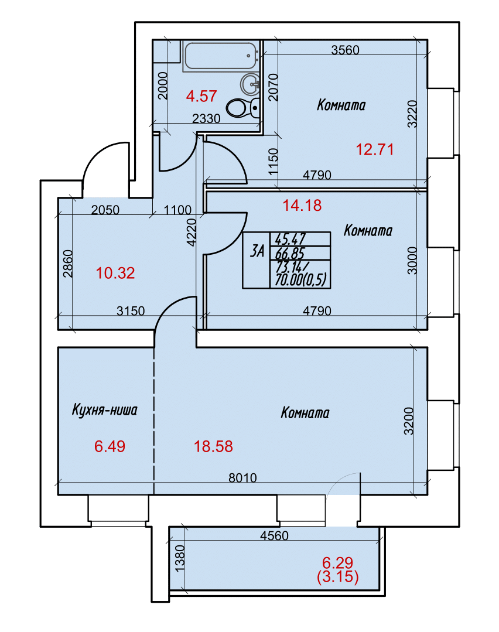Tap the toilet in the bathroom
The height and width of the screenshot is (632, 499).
pyautogui.click(x=242, y=108)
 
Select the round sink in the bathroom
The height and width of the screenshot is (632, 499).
pyautogui.click(x=250, y=84)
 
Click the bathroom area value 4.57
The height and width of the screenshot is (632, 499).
pyautogui.click(x=201, y=96)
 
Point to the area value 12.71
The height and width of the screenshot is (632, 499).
pyautogui.click(x=374, y=149)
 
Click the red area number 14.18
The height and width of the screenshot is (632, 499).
pyautogui.click(x=302, y=205)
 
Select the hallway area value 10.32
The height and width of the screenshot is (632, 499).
pyautogui.click(x=115, y=273)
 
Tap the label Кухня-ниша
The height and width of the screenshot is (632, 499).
pyautogui.click(x=104, y=410)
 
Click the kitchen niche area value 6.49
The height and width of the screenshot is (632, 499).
pyautogui.click(x=110, y=446)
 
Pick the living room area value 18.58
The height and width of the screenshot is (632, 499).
pyautogui.click(x=213, y=446)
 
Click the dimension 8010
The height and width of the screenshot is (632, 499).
pyautogui.click(x=242, y=477)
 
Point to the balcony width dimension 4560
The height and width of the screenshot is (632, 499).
pyautogui.click(x=275, y=535)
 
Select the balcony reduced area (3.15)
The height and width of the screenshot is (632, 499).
pyautogui.click(x=338, y=577)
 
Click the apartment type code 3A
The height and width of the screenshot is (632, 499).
pyautogui.click(x=257, y=251)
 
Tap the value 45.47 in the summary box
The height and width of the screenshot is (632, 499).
pyautogui.click(x=290, y=239)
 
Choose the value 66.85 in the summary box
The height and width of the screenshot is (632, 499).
pyautogui.click(x=290, y=254)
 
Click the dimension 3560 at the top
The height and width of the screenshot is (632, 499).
pyautogui.click(x=345, y=50)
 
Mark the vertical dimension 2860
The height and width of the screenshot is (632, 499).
pyautogui.click(x=68, y=264)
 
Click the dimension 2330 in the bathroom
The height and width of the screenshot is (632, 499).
pyautogui.click(x=206, y=118)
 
